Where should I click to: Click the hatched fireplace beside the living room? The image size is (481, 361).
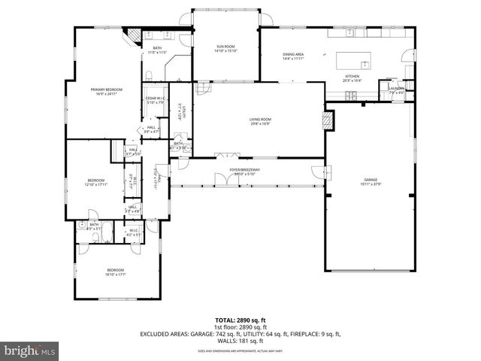327,120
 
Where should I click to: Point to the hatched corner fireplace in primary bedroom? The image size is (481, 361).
132,35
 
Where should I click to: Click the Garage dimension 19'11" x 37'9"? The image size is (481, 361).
371,184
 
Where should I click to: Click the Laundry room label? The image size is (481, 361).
396,89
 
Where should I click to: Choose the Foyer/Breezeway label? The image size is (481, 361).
245,171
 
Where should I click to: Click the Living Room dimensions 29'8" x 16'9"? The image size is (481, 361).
260,124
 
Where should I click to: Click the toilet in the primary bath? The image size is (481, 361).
149,74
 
